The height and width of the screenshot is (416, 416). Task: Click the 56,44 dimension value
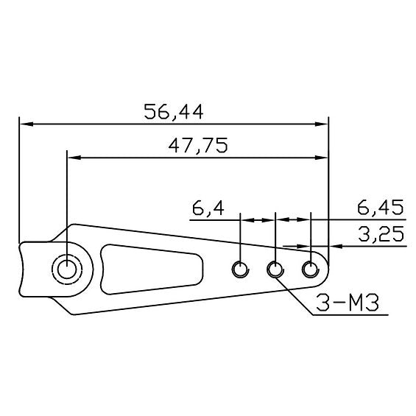tap(174, 111)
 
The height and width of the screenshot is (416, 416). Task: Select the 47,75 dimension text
tap(198, 145)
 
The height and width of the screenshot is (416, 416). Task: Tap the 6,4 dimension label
tap(208, 208)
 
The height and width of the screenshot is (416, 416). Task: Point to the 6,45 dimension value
tap(380, 208)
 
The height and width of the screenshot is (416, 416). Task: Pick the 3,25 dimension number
tap(381, 234)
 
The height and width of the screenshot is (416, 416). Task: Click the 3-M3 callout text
tap(348, 303)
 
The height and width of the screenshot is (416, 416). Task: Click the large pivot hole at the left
tap(67, 269)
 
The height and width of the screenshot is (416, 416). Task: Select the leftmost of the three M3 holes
tap(240, 269)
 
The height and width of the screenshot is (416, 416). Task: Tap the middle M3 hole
tap(275, 269)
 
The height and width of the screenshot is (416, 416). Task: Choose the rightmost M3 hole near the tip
tap(311, 269)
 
